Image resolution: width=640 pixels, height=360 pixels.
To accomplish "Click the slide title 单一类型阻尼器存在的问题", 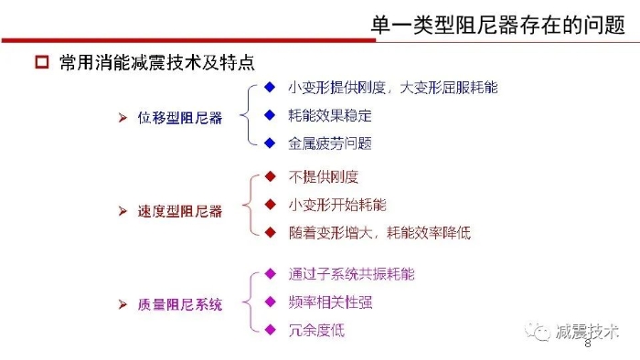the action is click(497, 25).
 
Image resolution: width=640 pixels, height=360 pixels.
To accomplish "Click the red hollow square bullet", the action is click(42, 62).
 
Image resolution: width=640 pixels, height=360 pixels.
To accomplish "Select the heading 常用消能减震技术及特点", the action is click(157, 63).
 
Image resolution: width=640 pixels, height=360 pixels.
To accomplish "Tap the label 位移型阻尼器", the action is click(180, 118).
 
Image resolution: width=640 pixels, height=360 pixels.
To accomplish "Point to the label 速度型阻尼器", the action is click(180, 211).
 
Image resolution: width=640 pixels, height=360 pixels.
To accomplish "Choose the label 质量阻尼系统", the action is click(180, 304).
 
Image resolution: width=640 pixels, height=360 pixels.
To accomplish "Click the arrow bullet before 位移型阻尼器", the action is click(123, 118).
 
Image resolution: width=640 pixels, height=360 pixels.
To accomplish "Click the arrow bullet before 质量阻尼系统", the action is click(123, 304).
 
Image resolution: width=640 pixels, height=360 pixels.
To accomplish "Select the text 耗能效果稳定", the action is click(330, 116).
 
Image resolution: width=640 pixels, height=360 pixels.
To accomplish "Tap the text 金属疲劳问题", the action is click(330, 143).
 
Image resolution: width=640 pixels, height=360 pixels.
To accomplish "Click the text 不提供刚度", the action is click(324, 177).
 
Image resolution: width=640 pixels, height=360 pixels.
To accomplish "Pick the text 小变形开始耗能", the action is click(337, 205).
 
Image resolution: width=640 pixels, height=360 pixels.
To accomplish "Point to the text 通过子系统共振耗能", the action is click(351, 274).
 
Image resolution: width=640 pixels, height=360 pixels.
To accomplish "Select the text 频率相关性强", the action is click(330, 302).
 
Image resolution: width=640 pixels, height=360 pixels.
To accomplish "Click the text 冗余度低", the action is click(316, 330).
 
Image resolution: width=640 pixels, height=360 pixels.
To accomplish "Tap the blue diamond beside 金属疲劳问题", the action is click(270, 143).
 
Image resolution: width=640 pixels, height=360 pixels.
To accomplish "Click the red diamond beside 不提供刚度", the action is click(271, 176).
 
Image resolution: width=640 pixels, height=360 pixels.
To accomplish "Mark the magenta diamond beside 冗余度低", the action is click(271, 330).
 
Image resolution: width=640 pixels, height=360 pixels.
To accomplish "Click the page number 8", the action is click(588, 344).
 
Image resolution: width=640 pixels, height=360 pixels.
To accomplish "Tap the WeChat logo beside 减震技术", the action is click(538, 332).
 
